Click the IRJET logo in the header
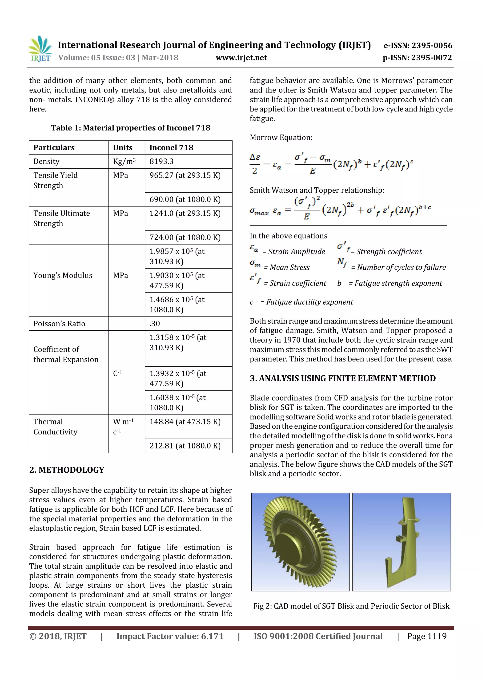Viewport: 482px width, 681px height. pos(40,49)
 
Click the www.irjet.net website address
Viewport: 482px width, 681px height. pos(241,58)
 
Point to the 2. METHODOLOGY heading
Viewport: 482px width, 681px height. pos(67,470)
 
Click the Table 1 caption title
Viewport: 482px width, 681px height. pos(131,128)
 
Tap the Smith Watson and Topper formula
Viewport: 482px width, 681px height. pos(340,208)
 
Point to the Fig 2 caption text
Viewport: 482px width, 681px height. pos(351,606)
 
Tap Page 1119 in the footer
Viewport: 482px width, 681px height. pos(426,636)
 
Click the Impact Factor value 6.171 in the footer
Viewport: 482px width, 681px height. pos(170,636)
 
